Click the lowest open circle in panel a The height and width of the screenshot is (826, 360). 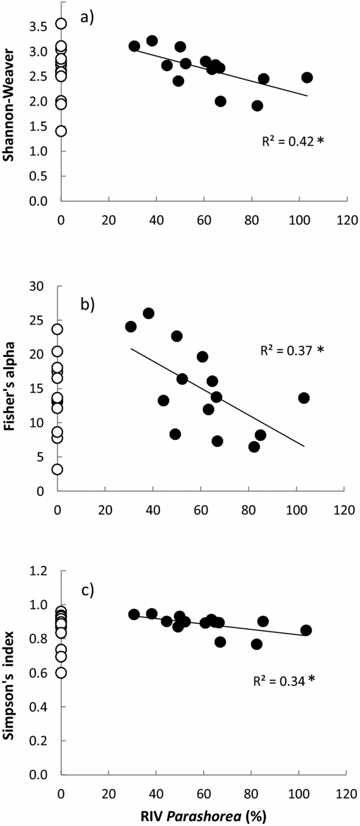(x=61, y=131)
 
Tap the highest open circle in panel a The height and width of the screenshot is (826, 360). (x=61, y=24)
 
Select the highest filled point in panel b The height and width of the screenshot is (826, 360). (x=149, y=313)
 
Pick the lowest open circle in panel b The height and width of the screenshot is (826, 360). (x=57, y=470)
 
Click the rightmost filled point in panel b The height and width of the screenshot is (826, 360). (x=304, y=397)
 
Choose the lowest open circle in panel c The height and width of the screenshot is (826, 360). (x=61, y=673)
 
